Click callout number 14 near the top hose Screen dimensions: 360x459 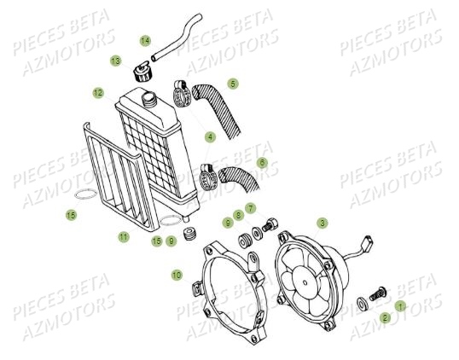[145, 41]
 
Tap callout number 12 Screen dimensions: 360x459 [98, 92]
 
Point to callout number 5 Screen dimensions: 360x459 [233, 84]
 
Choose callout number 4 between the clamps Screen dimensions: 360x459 [210, 136]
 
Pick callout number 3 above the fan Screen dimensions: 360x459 [322, 223]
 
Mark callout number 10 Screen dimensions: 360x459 [177, 275]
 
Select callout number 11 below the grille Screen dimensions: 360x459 [124, 237]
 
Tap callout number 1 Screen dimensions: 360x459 [401, 305]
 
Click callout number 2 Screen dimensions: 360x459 [386, 318]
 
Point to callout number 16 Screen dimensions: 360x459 [156, 241]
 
